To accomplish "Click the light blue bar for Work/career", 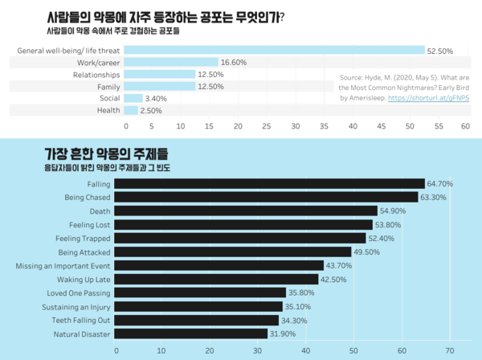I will pyautogui.click(x=172, y=62).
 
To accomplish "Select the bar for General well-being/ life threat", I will pyautogui.click(x=275, y=51).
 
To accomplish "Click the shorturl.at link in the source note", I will pyautogui.click(x=428, y=98).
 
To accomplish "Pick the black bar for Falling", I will pyautogui.click(x=269, y=184).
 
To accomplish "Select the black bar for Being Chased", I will pyautogui.click(x=266, y=197).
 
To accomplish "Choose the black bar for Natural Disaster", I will pyautogui.click(x=191, y=333).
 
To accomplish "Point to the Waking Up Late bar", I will pyautogui.click(x=217, y=279).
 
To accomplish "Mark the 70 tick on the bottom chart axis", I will pyautogui.click(x=448, y=350).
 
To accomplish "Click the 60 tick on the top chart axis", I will pyautogui.click(x=465, y=126).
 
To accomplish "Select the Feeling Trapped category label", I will pyautogui.click(x=83, y=238).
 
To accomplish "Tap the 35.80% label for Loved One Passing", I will pyautogui.click(x=302, y=292).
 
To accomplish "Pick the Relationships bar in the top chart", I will pyautogui.click(x=161, y=74).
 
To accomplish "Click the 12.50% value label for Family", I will pyautogui.click(x=210, y=86).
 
